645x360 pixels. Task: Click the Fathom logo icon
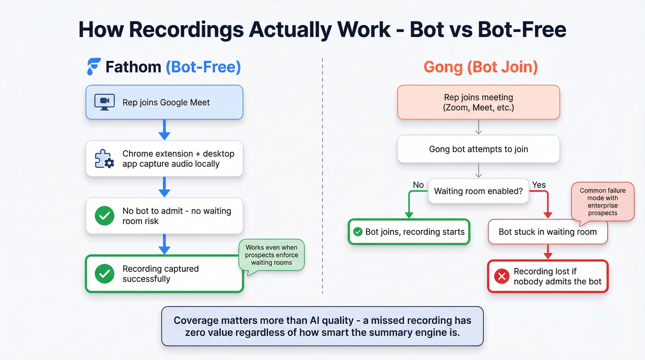94,67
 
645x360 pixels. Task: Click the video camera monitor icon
104,102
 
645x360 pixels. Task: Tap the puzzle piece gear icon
104,159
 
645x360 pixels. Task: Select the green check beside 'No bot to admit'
105,216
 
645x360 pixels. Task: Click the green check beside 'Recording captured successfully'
105,274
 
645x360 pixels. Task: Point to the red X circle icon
501,276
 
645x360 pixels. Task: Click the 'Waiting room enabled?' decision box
478,191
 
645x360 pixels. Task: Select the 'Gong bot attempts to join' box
478,149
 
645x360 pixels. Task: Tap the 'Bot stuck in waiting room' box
547,232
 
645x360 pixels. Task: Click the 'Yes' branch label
539,185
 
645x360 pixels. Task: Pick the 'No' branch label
418,185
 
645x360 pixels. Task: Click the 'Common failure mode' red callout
602,201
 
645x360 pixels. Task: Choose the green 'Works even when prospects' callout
271,255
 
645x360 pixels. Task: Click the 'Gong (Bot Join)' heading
481,67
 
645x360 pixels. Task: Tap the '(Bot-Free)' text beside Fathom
203,67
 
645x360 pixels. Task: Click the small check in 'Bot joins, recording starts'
358,232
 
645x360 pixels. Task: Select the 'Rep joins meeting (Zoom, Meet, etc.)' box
478,102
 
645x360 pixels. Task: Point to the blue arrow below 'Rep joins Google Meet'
164,130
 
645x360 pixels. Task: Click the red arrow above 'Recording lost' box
548,252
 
